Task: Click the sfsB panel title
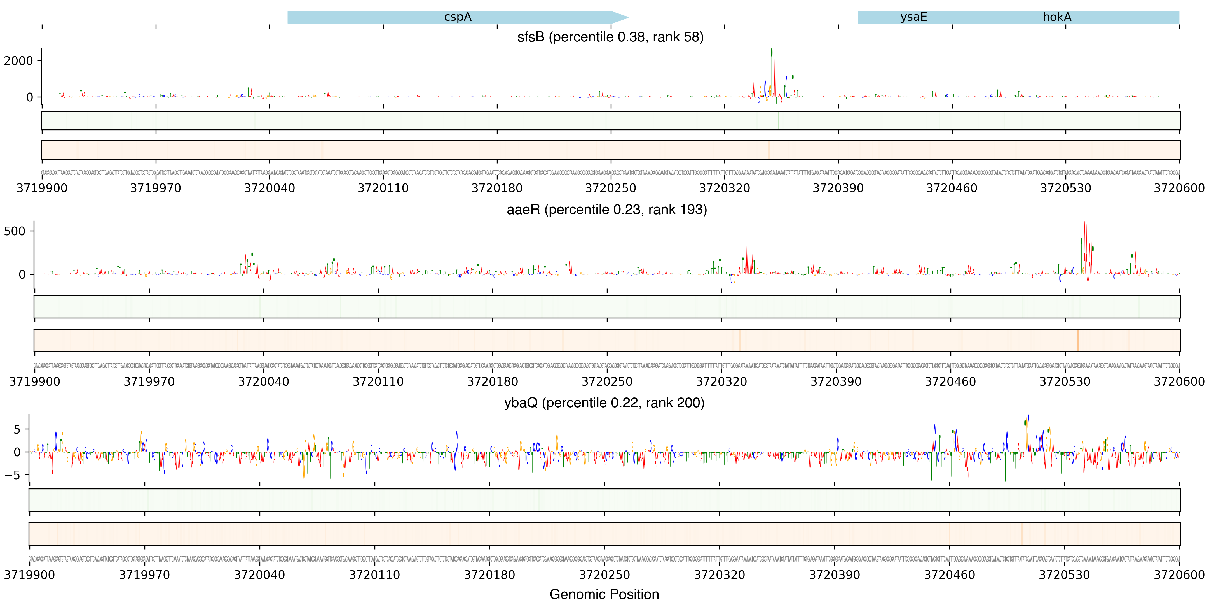(x=610, y=37)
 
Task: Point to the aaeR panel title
(x=606, y=210)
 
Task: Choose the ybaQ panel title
(x=604, y=403)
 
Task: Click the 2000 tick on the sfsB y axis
(x=19, y=61)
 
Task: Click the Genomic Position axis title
(x=604, y=594)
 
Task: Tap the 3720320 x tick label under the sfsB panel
(x=724, y=188)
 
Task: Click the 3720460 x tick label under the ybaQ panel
(x=950, y=575)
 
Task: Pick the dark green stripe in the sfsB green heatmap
(x=778, y=121)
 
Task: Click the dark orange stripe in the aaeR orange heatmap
(x=1078, y=340)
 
